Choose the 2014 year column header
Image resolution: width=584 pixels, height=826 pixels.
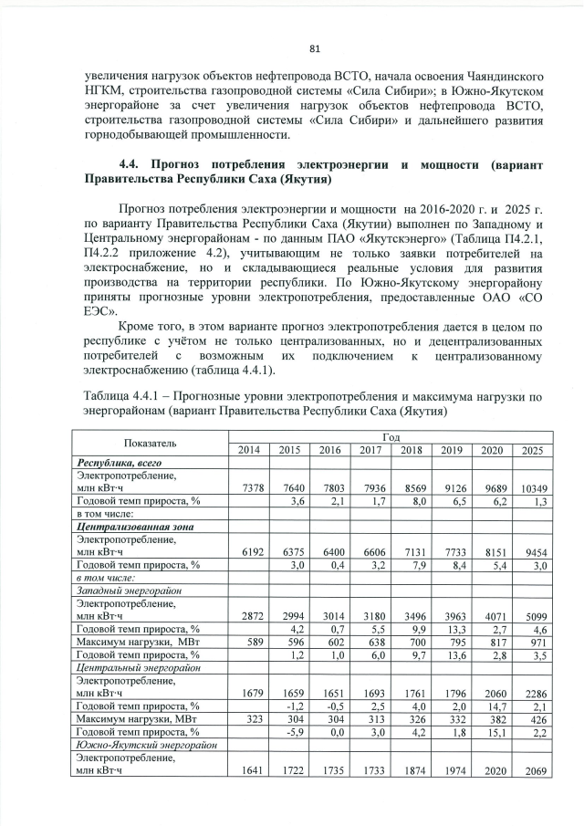click(x=248, y=450)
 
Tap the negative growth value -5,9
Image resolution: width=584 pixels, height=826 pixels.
click(x=293, y=731)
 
